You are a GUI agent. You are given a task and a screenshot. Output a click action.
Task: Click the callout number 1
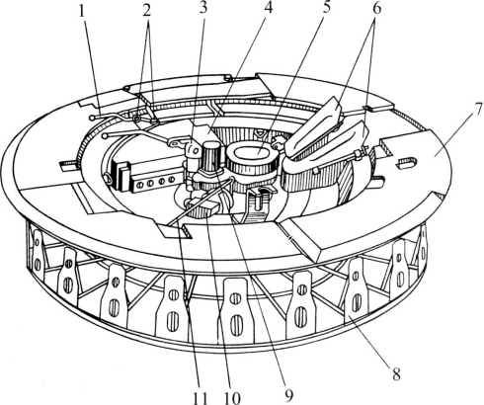(x=82, y=12)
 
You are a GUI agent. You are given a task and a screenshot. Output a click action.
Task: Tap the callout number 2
(x=146, y=11)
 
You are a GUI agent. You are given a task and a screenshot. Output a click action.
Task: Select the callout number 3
(x=203, y=9)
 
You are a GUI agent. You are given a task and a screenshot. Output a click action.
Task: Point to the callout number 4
(x=269, y=8)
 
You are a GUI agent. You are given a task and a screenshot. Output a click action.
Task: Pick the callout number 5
(x=326, y=8)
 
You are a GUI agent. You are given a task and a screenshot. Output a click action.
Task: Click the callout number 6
(x=376, y=9)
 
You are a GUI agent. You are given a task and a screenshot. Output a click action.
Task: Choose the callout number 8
(x=396, y=374)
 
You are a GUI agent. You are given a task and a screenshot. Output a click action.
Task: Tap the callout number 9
(x=288, y=396)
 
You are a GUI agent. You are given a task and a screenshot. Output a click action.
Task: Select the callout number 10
(x=232, y=398)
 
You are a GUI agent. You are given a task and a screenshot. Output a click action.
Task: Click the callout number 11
(x=200, y=398)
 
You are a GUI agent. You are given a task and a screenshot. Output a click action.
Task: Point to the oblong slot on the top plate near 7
(x=407, y=162)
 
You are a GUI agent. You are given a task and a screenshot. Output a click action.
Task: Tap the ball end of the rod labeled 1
(x=92, y=118)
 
